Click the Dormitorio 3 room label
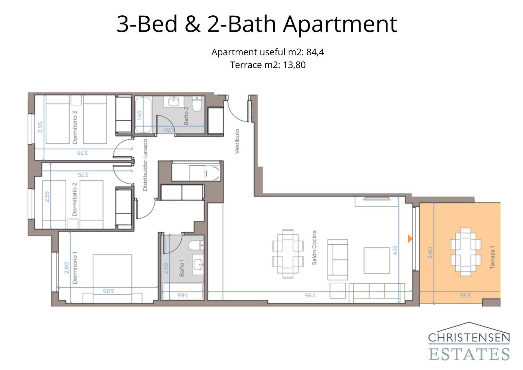point(75,127)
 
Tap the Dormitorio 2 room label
point(75,199)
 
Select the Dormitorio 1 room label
point(75,268)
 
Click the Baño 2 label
point(186,116)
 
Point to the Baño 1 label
point(182,268)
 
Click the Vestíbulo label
point(237,141)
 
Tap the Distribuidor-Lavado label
point(145,165)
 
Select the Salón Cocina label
point(314,247)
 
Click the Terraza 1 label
point(493,257)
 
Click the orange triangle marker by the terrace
point(410,239)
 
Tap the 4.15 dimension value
point(395,250)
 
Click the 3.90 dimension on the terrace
point(430,253)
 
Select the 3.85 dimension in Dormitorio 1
point(109,291)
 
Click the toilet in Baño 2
point(197,105)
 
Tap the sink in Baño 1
point(198,264)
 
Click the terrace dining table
point(465,252)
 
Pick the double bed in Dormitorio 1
point(112,278)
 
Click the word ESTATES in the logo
point(469,355)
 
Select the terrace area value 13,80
point(294,65)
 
